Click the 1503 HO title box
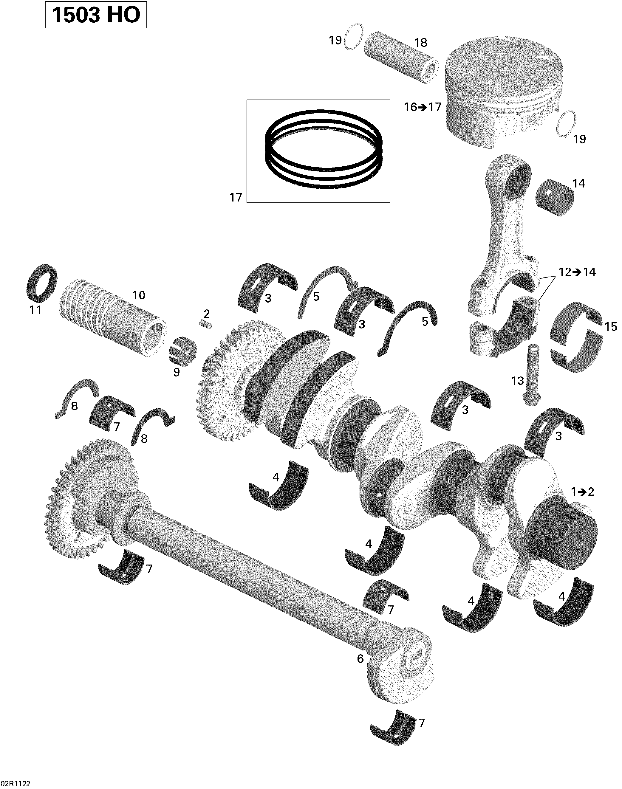pyautogui.click(x=96, y=15)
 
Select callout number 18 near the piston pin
pyautogui.click(x=421, y=43)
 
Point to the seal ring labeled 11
pyautogui.click(x=42, y=283)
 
